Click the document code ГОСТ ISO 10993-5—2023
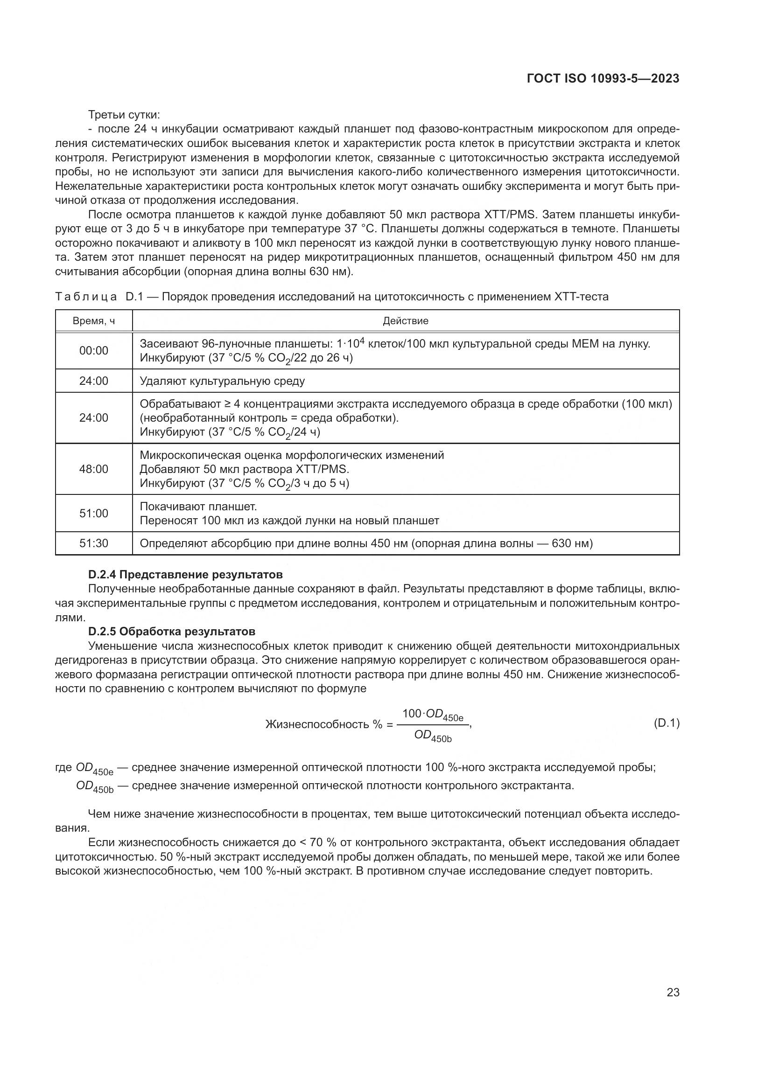tap(603, 78)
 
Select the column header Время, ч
tap(94, 321)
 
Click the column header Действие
tap(406, 321)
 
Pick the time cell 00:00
tap(94, 351)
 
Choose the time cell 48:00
tap(94, 469)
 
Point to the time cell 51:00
tap(94, 513)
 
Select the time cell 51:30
tap(94, 543)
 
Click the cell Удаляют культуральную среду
tap(222, 381)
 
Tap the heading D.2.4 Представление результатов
tap(185, 575)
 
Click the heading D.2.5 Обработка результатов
tap(172, 632)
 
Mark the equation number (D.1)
tap(667, 723)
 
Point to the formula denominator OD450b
tap(433, 736)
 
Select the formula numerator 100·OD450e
tap(432, 714)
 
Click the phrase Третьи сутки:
tap(124, 115)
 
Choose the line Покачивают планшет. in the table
tap(198, 507)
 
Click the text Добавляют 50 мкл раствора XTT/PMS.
tap(244, 470)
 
